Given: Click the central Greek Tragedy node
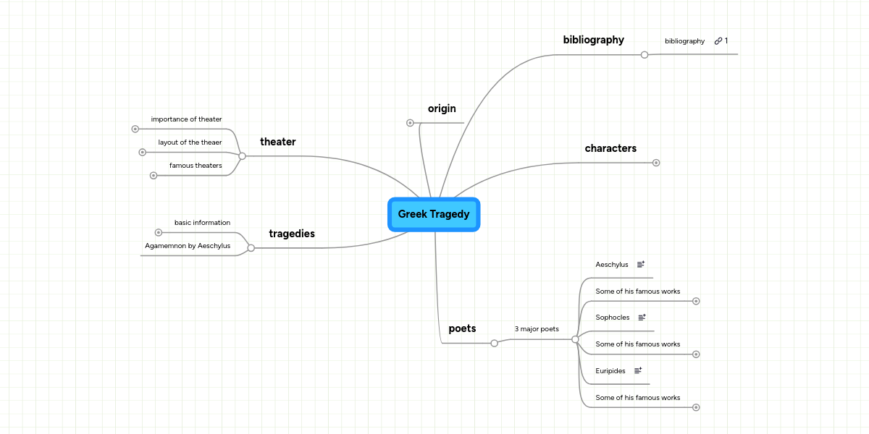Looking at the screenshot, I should click(x=434, y=214).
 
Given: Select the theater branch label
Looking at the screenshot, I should click(x=277, y=142).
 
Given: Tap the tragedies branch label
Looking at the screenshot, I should click(x=291, y=234).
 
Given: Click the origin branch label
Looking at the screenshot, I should click(x=442, y=109).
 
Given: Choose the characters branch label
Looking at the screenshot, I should click(x=610, y=148).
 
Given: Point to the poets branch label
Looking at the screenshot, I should click(x=462, y=328).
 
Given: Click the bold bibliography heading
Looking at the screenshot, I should click(x=593, y=40).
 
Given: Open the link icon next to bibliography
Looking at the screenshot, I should click(x=718, y=41).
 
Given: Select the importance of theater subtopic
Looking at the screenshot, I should click(x=186, y=119).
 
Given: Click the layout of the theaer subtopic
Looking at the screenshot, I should click(x=190, y=142).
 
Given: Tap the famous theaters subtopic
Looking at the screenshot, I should click(x=196, y=166).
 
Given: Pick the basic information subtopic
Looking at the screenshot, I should click(x=202, y=223).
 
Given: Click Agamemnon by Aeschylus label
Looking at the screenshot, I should click(x=188, y=246).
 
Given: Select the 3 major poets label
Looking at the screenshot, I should click(x=537, y=329).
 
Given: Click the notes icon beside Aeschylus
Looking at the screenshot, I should click(x=640, y=265).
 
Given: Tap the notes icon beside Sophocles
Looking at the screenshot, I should click(x=642, y=318).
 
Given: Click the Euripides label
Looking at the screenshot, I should click(x=610, y=370).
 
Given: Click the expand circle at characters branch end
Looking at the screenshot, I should click(x=656, y=163).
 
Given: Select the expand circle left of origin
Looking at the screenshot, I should click(x=410, y=123).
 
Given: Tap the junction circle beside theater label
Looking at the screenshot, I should click(x=242, y=156).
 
